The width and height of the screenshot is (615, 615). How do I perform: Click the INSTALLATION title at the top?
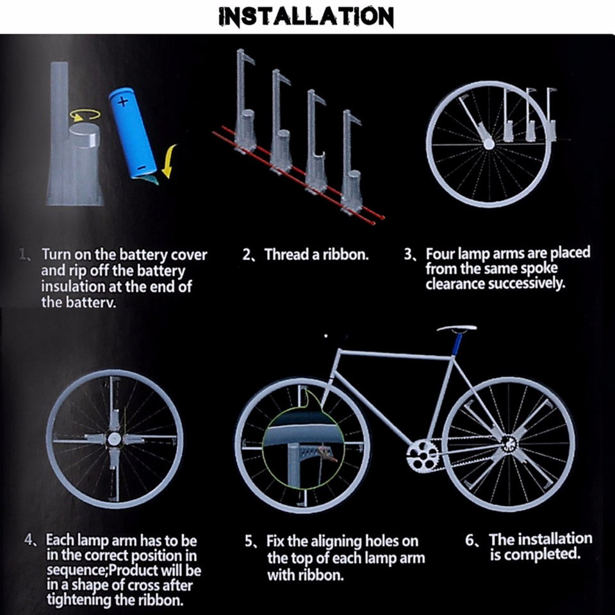(306, 17)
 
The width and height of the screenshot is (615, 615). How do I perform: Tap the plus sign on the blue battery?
(123, 102)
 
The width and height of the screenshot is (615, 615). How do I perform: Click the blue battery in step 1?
(133, 133)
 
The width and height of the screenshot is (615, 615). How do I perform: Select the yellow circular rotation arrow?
(85, 115)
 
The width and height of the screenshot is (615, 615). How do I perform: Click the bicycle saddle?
(457, 328)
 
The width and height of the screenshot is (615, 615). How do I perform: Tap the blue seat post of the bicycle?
(457, 345)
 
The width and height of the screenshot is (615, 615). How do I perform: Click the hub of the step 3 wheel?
(489, 143)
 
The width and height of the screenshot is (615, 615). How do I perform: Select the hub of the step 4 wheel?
(114, 439)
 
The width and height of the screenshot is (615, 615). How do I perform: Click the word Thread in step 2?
(286, 254)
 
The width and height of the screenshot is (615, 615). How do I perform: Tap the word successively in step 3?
(527, 284)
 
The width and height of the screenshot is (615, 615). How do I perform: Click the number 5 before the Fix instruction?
(249, 541)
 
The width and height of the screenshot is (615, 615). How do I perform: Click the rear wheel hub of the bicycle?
(509, 444)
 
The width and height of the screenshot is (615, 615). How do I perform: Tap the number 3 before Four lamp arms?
(408, 254)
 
